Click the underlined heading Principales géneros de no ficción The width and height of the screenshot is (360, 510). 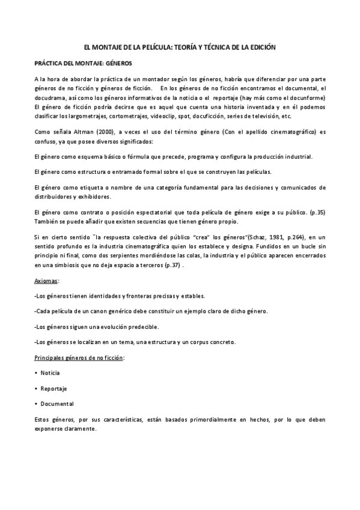click(x=79, y=358)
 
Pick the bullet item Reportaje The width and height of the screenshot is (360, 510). click(x=53, y=389)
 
